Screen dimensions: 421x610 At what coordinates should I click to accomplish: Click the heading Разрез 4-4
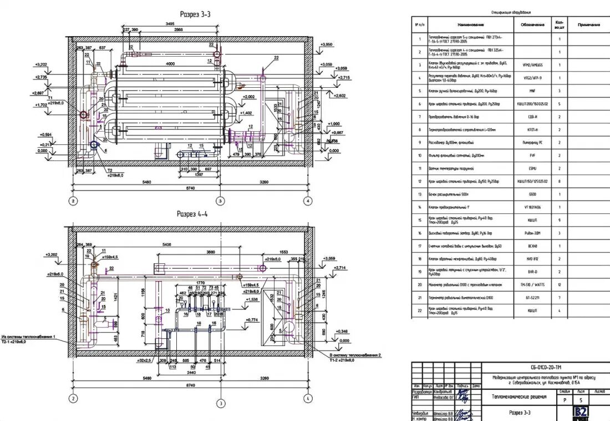click(192, 213)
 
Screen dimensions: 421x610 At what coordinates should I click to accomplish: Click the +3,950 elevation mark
click(326, 44)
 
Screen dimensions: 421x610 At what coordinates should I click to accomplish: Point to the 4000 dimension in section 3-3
click(166, 64)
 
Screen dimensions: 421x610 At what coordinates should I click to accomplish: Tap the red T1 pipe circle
click(83, 115)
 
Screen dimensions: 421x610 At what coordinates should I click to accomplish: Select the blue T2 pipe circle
click(94, 146)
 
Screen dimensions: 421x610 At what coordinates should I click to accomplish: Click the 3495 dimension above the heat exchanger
click(174, 23)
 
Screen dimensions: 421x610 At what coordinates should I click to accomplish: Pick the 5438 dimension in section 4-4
click(162, 244)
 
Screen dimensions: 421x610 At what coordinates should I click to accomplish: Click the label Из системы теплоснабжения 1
click(29, 337)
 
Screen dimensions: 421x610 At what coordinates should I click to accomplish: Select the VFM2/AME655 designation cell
click(528, 64)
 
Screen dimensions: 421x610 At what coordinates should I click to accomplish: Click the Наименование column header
click(471, 25)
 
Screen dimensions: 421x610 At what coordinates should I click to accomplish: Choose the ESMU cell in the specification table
click(528, 168)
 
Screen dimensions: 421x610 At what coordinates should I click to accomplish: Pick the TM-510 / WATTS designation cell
click(528, 284)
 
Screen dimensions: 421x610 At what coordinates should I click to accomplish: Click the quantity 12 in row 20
click(560, 284)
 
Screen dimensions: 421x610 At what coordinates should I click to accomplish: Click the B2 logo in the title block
click(581, 412)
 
